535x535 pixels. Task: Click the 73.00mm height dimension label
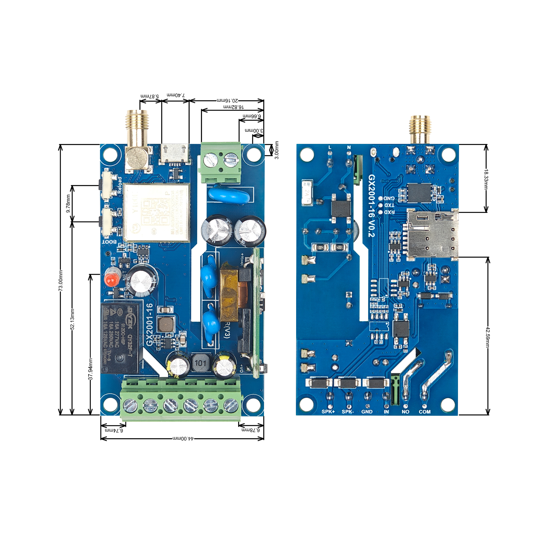61,281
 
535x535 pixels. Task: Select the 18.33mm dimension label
486,179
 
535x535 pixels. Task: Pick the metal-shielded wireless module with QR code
157,212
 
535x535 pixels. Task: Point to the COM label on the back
425,412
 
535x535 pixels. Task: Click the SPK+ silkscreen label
328,412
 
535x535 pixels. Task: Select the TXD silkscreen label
389,205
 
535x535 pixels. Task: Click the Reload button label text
120,185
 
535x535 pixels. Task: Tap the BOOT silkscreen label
109,242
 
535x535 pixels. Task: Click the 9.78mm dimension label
68,204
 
